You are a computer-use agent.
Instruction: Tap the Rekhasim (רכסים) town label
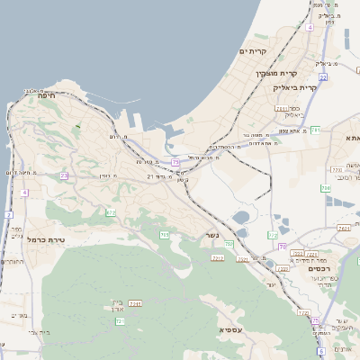(319, 269)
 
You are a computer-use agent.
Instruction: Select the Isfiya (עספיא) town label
(230, 330)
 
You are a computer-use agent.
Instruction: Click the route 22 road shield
(322, 77)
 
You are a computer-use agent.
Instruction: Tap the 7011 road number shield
(282, 108)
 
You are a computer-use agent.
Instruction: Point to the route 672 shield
(110, 212)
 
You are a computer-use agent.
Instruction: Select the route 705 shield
(164, 235)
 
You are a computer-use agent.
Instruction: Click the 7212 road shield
(217, 258)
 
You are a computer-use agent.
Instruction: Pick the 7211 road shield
(135, 303)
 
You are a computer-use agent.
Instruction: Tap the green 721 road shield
(120, 321)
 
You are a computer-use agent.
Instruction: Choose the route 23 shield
(64, 175)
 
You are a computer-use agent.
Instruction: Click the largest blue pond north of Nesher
(240, 217)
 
